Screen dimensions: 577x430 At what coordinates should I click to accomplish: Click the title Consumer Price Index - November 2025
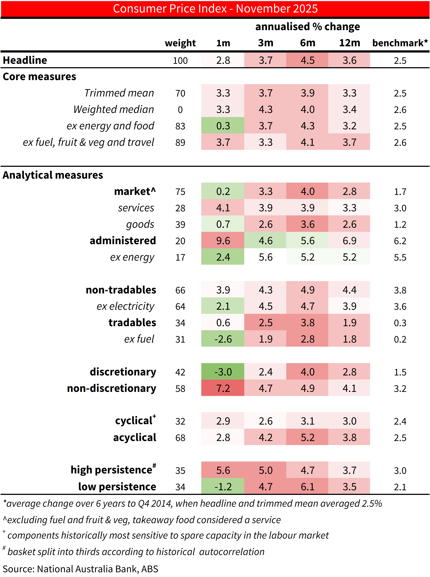click(x=215, y=9)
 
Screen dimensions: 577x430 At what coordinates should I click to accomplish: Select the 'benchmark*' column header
click(x=400, y=43)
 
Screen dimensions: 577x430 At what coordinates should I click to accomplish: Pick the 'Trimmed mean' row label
click(x=119, y=93)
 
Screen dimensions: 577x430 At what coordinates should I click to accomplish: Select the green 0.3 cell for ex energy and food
click(x=223, y=126)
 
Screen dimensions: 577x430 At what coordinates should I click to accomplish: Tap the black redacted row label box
click(x=79, y=191)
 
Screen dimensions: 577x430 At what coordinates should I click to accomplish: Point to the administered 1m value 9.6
click(x=223, y=241)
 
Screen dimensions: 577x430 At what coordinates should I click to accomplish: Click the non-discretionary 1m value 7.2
click(x=223, y=388)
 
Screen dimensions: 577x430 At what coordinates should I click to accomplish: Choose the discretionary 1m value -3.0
click(x=223, y=372)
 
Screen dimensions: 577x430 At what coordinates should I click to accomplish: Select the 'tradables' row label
click(x=132, y=323)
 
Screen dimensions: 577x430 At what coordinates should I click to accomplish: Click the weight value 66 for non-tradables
click(x=180, y=290)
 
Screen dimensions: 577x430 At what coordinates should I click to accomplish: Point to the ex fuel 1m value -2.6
click(x=223, y=339)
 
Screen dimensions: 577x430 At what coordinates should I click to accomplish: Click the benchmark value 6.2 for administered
click(x=400, y=241)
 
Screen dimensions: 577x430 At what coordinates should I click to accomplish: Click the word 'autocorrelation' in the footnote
click(x=232, y=552)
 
